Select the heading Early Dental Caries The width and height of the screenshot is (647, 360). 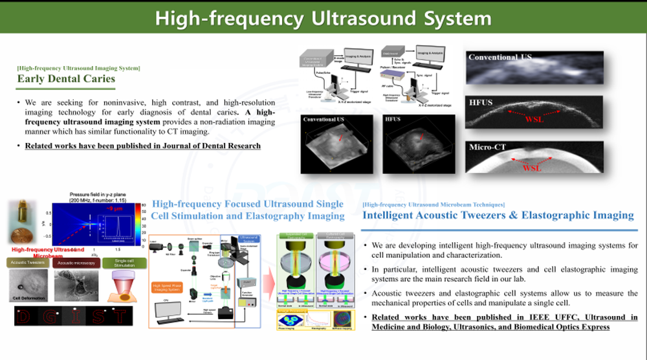click(67, 79)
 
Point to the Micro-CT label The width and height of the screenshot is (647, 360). click(488, 148)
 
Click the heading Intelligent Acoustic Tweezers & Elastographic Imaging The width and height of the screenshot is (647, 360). click(498, 215)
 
